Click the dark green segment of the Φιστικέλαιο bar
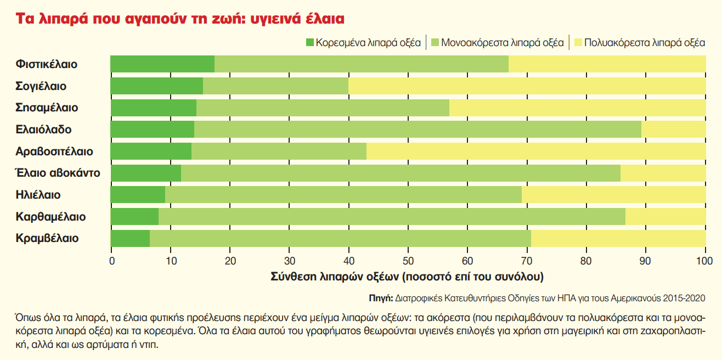click(x=162, y=64)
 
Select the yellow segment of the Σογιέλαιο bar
click(x=527, y=86)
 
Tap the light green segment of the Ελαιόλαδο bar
click(x=417, y=130)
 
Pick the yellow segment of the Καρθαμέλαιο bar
click(x=665, y=217)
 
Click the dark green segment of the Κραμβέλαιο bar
click(x=130, y=239)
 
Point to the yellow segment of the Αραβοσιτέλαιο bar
click(x=535, y=151)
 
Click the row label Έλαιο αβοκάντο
click(x=58, y=173)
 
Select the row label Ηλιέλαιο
click(x=38, y=195)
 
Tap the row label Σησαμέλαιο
click(x=47, y=108)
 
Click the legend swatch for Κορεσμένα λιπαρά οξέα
click(x=309, y=42)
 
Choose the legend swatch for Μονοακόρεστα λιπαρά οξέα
click(x=436, y=42)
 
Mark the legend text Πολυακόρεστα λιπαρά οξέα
click(x=645, y=42)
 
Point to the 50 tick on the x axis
click(x=408, y=261)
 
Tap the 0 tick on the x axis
click(x=112, y=261)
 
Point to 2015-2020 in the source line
click(x=684, y=298)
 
